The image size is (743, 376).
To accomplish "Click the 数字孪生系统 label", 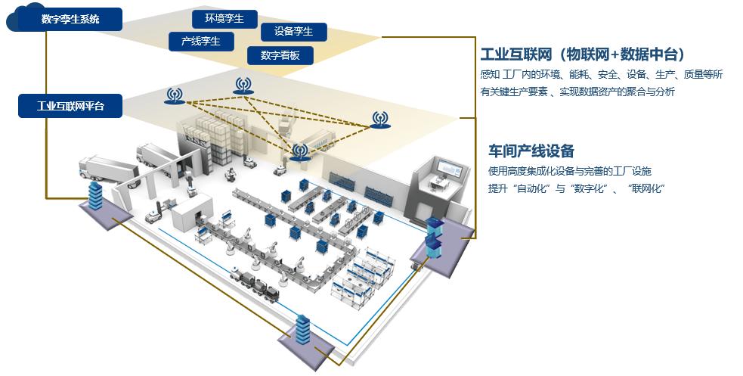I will [x=70, y=19].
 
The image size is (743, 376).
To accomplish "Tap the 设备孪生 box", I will [x=293, y=32].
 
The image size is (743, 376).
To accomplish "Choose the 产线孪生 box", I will [x=200, y=42].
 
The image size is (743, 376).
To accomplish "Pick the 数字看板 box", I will [x=280, y=55].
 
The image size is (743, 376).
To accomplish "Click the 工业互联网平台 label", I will [x=70, y=106].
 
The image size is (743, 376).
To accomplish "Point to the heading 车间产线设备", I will [x=531, y=151].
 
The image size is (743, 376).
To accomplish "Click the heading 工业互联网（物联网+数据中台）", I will [x=583, y=54].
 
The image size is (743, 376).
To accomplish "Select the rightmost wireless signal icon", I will [x=379, y=118].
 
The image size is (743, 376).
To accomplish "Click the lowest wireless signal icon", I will [x=300, y=151].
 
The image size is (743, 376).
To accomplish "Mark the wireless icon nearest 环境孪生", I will [x=242, y=85].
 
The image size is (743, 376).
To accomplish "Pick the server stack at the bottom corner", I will [x=304, y=332].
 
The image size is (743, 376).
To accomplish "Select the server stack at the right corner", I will [x=433, y=235].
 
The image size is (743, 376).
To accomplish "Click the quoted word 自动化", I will [x=532, y=188].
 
